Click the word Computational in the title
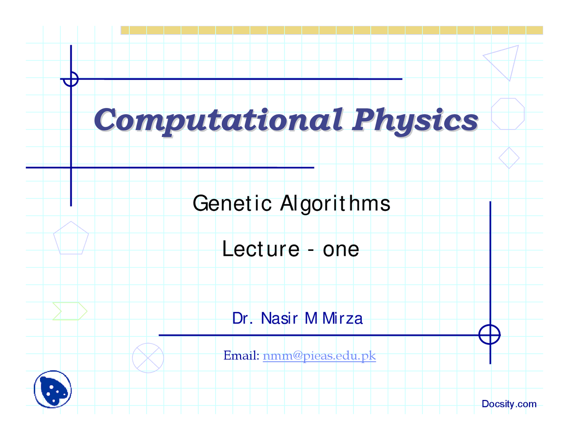(219, 121)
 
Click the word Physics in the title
(415, 121)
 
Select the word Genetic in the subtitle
(232, 203)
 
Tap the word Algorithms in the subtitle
(335, 204)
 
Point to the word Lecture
(260, 249)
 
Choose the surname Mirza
(342, 319)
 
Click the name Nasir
(280, 319)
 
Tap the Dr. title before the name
(242, 319)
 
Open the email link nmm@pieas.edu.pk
(319, 355)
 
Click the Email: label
(241, 355)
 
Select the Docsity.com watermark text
(509, 404)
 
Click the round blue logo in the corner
(52, 389)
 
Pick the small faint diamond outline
(509, 148)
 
